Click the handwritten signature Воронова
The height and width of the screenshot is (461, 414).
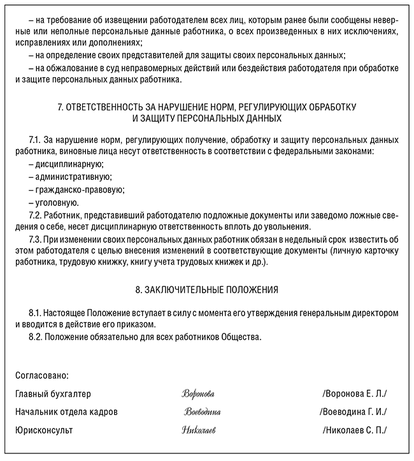198,393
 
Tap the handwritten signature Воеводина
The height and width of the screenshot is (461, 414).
203,412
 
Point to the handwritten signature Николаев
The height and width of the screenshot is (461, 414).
199,430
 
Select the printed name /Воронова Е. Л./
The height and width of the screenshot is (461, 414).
354,393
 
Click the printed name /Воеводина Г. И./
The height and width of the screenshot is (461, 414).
354,412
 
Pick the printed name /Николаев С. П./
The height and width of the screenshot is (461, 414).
355,430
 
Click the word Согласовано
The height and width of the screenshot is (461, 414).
42,376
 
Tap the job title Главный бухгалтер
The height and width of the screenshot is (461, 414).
53,393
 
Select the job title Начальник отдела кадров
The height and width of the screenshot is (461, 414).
66,412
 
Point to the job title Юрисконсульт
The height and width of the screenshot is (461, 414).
44,430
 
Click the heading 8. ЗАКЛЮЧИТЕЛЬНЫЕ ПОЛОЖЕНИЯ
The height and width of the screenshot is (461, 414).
207,289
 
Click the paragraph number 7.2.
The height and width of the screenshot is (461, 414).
36,215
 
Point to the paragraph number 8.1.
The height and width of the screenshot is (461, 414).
36,314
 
